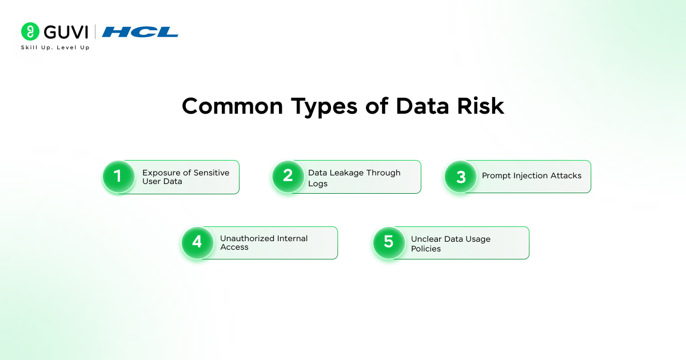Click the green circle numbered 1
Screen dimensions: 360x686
(x=118, y=176)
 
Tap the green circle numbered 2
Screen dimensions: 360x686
(x=288, y=176)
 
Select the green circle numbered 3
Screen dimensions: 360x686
(x=461, y=176)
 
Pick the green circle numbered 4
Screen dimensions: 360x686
(x=197, y=242)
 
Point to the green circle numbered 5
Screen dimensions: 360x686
(x=389, y=242)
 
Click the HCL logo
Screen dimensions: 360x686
(x=140, y=32)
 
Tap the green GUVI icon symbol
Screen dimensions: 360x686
(x=30, y=31)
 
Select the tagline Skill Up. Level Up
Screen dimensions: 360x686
(x=55, y=47)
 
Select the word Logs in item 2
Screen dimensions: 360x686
(x=318, y=184)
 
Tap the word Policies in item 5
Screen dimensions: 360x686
(x=426, y=249)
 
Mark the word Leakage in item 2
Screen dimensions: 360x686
(x=345, y=173)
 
